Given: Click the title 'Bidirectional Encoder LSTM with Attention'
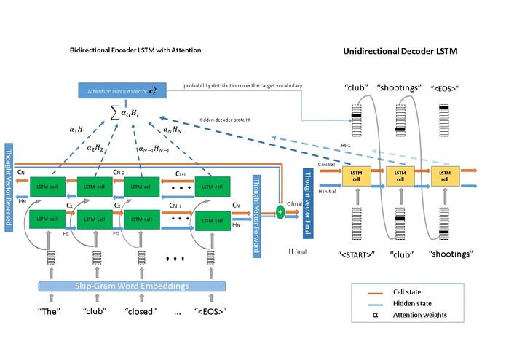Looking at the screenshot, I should [x=135, y=50].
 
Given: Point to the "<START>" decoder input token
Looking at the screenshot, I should [x=357, y=254].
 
